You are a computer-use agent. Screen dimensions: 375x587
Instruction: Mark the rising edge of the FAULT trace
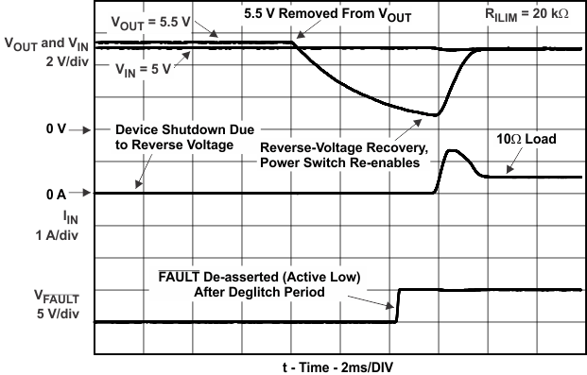coord(398,305)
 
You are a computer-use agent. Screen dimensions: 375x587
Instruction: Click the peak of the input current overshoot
coord(452,151)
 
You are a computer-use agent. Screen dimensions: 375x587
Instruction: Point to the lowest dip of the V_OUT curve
coord(435,115)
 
